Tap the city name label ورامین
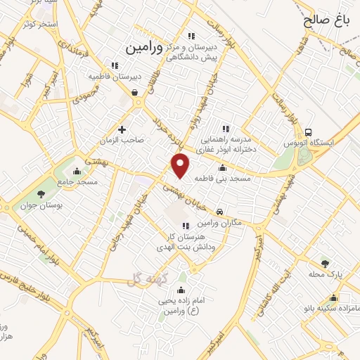(x=143, y=49)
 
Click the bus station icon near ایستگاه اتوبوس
(x=309, y=131)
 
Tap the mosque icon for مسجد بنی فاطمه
(x=223, y=167)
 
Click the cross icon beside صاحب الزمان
(x=122, y=129)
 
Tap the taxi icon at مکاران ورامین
(x=221, y=211)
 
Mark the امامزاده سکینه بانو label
(x=335, y=288)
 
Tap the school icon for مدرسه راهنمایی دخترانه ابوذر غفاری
(x=226, y=129)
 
